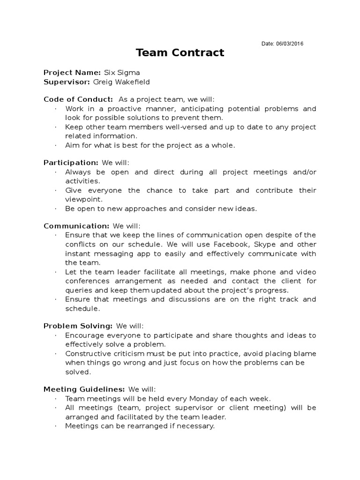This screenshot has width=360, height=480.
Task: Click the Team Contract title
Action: [x=180, y=52]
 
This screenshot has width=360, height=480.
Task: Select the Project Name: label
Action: [x=72, y=72]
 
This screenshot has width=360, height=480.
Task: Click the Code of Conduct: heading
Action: [x=78, y=99]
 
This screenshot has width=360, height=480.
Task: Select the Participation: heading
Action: [x=71, y=163]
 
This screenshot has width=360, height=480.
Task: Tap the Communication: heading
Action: [x=76, y=226]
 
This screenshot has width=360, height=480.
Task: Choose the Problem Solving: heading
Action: [x=78, y=326]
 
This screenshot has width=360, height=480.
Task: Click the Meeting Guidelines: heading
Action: [x=84, y=389]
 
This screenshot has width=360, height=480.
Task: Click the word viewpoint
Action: [x=82, y=199]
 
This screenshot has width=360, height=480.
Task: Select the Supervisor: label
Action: [x=67, y=82]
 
